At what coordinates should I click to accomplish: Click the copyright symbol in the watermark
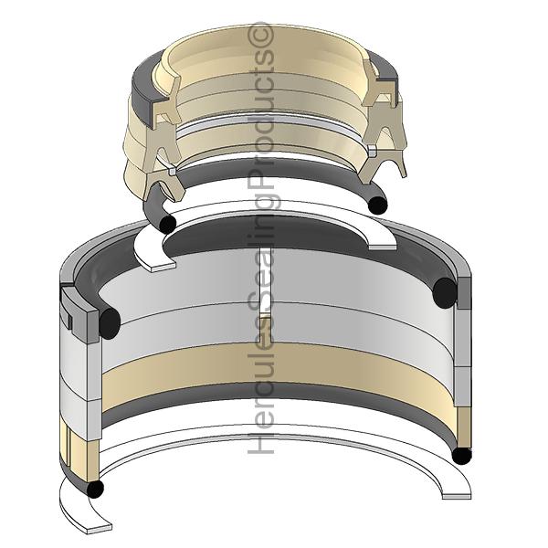(260, 34)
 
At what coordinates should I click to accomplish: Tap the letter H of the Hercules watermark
(260, 443)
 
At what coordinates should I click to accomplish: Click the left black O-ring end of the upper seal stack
(167, 224)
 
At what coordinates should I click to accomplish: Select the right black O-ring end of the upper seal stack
(378, 205)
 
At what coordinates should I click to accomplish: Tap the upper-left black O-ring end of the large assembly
(110, 323)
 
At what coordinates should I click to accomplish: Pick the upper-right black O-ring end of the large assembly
(444, 293)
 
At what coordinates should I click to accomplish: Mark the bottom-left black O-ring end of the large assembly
(94, 489)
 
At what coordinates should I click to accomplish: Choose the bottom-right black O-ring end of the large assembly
(462, 456)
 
